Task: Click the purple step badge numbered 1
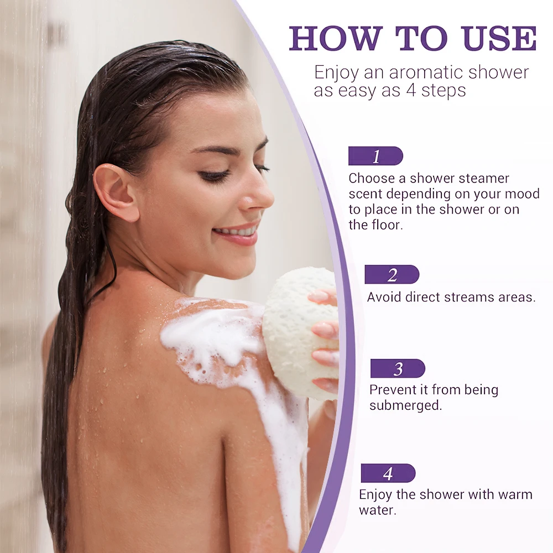pyautogui.click(x=375, y=156)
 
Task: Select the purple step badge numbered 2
pyautogui.click(x=392, y=275)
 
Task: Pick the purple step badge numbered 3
pyautogui.click(x=397, y=369)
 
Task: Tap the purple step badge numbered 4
pyautogui.click(x=388, y=473)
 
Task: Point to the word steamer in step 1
pyautogui.click(x=484, y=179)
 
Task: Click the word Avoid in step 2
pyautogui.click(x=384, y=297)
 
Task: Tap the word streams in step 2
pyautogui.click(x=468, y=297)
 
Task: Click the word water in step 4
pyautogui.click(x=377, y=510)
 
